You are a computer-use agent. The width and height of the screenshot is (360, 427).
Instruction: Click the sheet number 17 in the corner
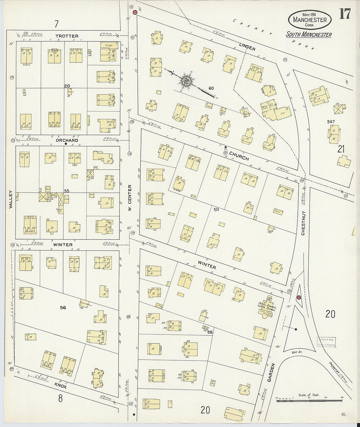345,14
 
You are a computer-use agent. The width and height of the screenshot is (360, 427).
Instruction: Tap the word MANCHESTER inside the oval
310,20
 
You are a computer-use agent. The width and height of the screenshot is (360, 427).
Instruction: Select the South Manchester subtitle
309,35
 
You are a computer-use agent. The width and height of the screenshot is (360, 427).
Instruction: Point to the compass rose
186,80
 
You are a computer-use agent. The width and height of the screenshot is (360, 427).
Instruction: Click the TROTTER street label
67,36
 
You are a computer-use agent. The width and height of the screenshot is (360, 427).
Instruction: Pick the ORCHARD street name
67,140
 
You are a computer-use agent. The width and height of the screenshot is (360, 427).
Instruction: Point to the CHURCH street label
239,156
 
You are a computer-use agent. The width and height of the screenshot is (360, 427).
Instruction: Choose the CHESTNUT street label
303,222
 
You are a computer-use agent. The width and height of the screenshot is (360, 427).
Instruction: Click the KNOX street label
61,385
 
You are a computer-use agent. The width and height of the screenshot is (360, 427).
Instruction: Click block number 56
63,308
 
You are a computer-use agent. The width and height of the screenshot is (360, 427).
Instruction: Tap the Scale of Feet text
308,395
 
